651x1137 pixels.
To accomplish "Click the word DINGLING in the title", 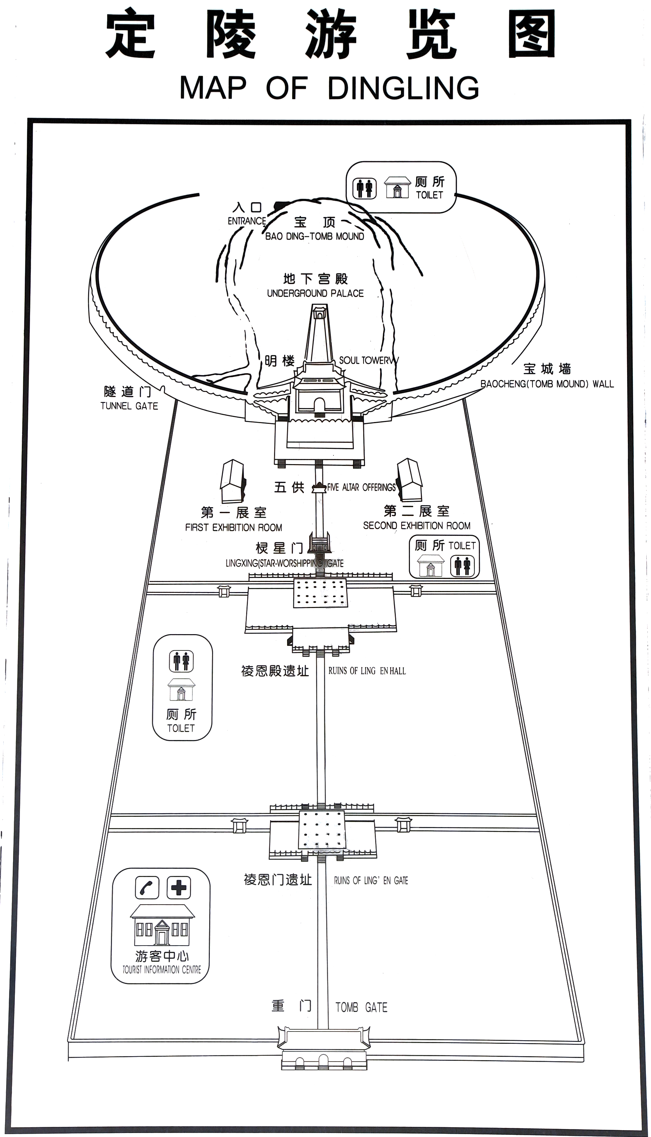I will coord(403,88).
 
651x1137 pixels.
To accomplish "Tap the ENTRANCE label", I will coord(247,221).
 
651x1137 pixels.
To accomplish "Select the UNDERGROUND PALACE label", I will coord(315,293).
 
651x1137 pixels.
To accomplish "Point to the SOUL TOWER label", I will coord(365,360).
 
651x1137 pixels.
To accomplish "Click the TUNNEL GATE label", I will coord(129,406).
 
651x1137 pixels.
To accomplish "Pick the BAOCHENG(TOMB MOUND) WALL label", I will coord(547,384).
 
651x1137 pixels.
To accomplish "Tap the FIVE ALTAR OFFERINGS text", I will coord(361,487).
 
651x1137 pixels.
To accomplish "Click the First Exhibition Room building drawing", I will coord(232,481).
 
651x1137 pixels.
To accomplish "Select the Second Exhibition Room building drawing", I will coord(410,480).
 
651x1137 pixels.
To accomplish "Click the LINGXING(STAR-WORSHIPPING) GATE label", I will coord(285,563).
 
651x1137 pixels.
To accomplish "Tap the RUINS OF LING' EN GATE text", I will coord(371,880).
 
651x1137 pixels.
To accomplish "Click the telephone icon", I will coord(147,888).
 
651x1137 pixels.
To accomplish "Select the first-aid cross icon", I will coord(179,888).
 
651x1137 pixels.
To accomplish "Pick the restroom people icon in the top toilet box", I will coord(364,188).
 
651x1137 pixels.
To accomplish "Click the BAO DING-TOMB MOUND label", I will coord(314,236).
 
